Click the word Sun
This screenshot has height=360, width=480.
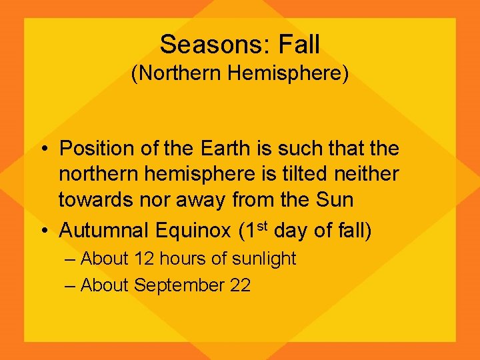[x=336, y=200]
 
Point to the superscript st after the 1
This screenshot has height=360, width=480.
[x=261, y=225]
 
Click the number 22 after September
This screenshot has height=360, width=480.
[x=239, y=285]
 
